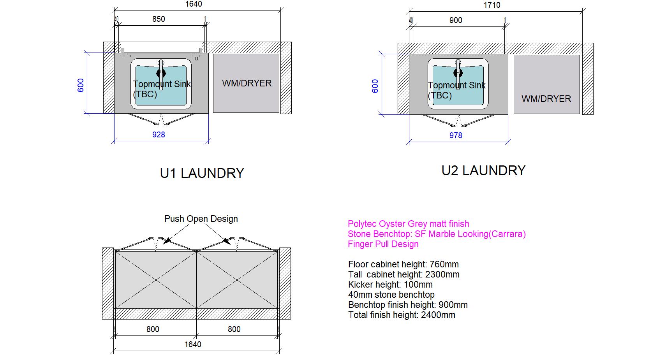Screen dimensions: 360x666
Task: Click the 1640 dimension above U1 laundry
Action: [194, 4]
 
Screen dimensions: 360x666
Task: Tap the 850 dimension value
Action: [159, 19]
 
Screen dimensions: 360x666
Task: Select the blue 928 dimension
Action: [159, 135]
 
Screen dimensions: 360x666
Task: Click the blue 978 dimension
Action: [456, 135]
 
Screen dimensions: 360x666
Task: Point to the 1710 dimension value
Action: [492, 5]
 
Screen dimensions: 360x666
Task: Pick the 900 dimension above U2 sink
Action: [456, 20]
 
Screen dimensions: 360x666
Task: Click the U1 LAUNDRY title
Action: [202, 173]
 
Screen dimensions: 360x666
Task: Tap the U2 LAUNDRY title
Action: [483, 170]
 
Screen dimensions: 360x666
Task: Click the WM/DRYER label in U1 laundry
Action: [247, 83]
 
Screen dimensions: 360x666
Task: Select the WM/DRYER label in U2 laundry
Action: [546, 99]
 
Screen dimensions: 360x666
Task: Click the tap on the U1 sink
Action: [161, 70]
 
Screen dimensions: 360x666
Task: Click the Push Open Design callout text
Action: [201, 219]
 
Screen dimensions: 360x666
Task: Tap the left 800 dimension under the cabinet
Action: [153, 329]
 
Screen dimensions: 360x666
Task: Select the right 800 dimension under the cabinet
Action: [234, 329]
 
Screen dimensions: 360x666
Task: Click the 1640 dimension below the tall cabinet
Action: [193, 344]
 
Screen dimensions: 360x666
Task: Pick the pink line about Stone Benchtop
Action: [437, 234]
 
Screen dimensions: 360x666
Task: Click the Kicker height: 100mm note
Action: [390, 284]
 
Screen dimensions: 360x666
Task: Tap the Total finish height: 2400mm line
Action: [402, 315]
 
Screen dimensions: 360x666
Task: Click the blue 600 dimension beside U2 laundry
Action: [375, 86]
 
